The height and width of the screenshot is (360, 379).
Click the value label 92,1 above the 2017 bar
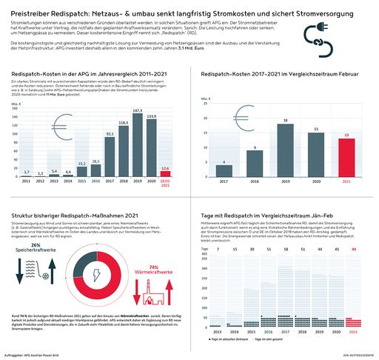[x=110, y=134]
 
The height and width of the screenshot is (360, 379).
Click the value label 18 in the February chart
[x=284, y=120]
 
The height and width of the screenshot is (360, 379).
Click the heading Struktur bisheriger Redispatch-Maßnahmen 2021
[x=72, y=215]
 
